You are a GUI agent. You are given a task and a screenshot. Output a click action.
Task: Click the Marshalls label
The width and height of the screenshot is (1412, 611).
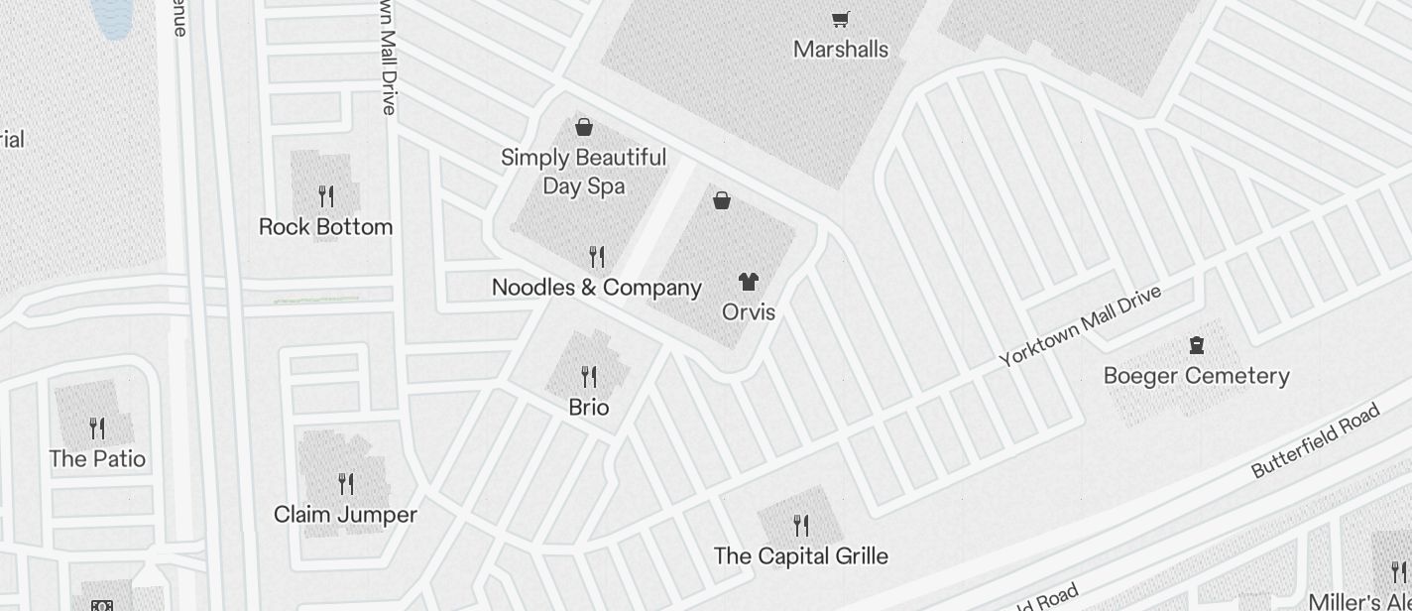pyautogui.click(x=841, y=50)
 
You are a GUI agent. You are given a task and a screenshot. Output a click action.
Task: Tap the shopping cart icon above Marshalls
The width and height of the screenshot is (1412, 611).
pyautogui.click(x=841, y=19)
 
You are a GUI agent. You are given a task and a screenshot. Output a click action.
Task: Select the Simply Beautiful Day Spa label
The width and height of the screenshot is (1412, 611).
pyautogui.click(x=583, y=172)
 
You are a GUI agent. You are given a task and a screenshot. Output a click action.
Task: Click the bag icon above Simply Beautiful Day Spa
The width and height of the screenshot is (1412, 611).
pyautogui.click(x=584, y=127)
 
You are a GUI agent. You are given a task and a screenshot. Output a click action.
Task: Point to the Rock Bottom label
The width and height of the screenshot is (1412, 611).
pyautogui.click(x=325, y=227)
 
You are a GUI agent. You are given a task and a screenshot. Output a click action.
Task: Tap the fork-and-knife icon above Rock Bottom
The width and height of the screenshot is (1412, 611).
pyautogui.click(x=326, y=195)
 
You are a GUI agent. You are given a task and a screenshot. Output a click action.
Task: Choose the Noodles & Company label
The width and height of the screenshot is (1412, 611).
pyautogui.click(x=597, y=288)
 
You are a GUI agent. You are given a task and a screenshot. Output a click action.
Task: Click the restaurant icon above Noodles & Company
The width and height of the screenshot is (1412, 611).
pyautogui.click(x=597, y=257)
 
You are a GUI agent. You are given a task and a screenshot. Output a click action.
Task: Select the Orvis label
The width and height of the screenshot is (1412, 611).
pyautogui.click(x=749, y=311)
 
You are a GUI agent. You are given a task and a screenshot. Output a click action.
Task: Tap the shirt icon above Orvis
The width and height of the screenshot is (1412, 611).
pyautogui.click(x=749, y=282)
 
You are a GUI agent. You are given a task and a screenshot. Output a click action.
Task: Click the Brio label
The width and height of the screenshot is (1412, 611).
pyautogui.click(x=589, y=408)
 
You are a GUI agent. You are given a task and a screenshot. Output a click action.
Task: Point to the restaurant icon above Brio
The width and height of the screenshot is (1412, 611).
pyautogui.click(x=589, y=377)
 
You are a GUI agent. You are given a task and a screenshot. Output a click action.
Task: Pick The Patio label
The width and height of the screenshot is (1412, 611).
pyautogui.click(x=97, y=459)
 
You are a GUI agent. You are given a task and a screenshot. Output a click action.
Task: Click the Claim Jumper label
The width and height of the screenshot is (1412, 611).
pyautogui.click(x=345, y=515)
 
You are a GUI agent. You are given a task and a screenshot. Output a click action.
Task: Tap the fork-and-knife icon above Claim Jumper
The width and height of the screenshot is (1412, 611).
pyautogui.click(x=346, y=484)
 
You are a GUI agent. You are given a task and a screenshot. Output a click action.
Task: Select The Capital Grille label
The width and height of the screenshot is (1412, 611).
pyautogui.click(x=801, y=555)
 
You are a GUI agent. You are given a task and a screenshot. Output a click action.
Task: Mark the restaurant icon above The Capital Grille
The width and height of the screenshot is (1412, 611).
pyautogui.click(x=801, y=525)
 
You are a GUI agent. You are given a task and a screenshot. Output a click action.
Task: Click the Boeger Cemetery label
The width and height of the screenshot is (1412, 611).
pyautogui.click(x=1197, y=376)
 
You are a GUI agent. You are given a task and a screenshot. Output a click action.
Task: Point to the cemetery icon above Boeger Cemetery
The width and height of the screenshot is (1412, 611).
pyautogui.click(x=1197, y=345)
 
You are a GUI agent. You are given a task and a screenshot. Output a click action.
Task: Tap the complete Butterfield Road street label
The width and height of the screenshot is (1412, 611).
pyautogui.click(x=1316, y=440)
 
